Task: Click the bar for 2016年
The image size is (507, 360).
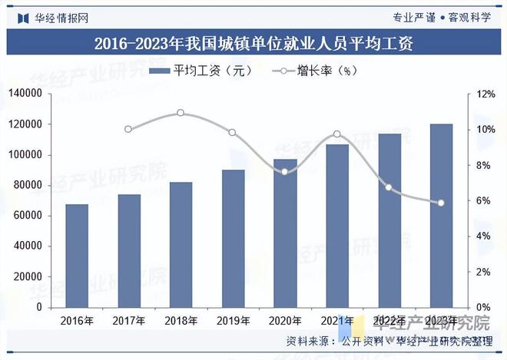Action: click(77, 256)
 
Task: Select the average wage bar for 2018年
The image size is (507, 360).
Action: click(181, 244)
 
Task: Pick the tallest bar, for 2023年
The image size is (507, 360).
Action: click(441, 215)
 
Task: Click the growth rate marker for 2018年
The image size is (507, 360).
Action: click(181, 113)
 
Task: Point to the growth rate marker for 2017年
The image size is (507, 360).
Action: click(128, 129)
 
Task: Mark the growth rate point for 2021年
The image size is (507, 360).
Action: click(337, 134)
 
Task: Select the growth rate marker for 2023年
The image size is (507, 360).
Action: click(441, 203)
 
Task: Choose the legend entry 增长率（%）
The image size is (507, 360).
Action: click(309, 71)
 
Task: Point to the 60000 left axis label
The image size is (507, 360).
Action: click(28, 216)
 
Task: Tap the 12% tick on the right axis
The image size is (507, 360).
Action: click(485, 94)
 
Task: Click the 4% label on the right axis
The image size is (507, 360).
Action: click(483, 236)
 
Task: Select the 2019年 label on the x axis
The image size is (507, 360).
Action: click(233, 320)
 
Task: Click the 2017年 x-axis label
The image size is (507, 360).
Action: click(128, 320)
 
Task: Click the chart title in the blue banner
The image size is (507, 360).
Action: click(253, 43)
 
